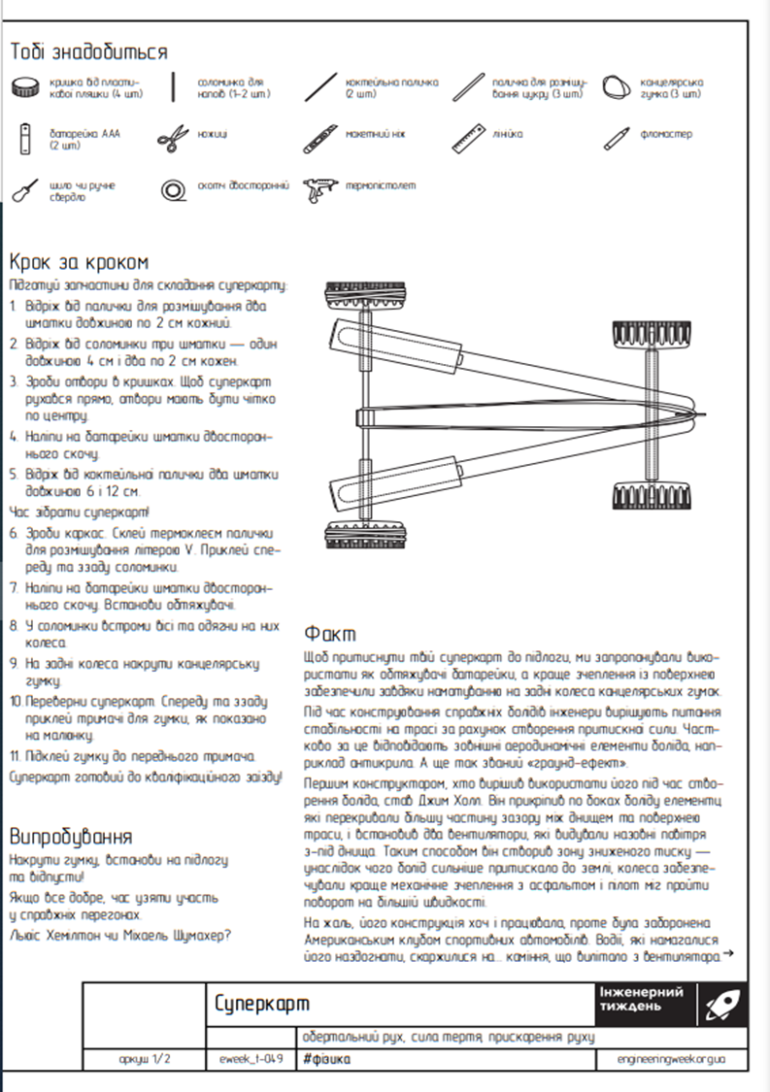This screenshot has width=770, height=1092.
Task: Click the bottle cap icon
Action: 26,88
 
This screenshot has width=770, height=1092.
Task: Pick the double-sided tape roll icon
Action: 175,187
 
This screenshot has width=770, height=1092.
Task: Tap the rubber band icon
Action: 617,87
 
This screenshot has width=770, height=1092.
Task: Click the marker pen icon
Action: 619,134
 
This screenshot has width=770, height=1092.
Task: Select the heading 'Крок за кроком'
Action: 80,262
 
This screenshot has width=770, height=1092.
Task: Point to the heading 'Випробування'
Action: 70,837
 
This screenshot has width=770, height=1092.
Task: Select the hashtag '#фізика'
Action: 326,1059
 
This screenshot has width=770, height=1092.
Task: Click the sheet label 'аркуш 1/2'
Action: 145,1059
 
